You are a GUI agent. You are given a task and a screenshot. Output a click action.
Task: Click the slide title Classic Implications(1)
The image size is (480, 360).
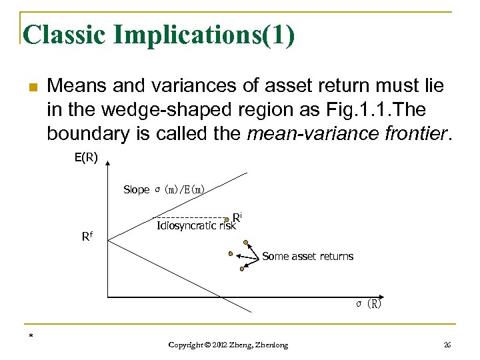point(158,35)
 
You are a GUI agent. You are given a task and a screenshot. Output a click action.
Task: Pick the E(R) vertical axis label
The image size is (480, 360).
point(85,159)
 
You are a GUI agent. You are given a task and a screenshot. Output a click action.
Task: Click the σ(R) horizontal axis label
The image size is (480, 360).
point(368,304)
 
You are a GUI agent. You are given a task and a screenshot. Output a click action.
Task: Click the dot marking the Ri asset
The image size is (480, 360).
point(228,218)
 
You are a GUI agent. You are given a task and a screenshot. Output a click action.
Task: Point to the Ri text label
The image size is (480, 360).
point(237,216)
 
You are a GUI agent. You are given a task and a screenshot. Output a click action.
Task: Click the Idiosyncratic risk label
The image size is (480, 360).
point(196,225)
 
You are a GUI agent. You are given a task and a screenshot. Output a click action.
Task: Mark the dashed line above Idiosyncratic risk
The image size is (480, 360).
point(190,217)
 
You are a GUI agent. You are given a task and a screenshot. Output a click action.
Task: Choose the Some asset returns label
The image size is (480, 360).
point(307,256)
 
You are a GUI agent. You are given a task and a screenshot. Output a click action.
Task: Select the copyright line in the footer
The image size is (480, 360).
point(228,345)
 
